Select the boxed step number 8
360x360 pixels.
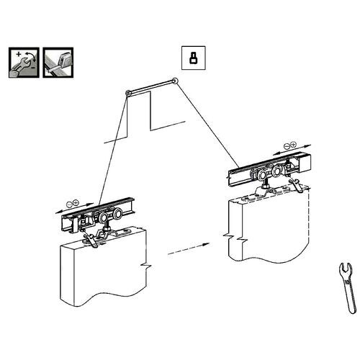pyautogui.click(x=192, y=59)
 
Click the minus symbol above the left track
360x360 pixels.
pyautogui.click(x=67, y=201)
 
